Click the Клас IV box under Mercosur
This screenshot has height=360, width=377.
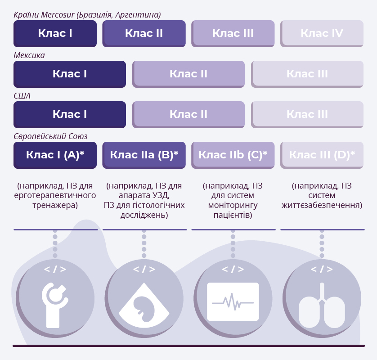pos(322,34)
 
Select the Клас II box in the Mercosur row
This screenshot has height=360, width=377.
pos(144,34)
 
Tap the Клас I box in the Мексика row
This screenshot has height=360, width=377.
pos(70,74)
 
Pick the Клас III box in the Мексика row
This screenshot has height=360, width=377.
pos(307,74)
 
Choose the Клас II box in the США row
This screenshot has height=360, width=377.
pos(188,114)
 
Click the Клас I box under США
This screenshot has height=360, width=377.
pos(70,114)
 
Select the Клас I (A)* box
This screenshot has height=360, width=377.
pos(55,155)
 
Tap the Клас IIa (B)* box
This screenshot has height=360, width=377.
pos(144,155)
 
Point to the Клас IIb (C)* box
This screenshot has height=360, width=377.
pos(233,155)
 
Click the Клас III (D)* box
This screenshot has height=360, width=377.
pos(322,155)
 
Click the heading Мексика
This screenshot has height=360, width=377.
pos(29,55)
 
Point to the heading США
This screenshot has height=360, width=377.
pos(22,96)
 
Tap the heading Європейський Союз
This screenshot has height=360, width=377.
pos(50,136)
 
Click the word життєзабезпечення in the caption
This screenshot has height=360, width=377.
pos(322,205)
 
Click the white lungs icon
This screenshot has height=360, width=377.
pos(322,306)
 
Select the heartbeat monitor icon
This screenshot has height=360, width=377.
pos(233,302)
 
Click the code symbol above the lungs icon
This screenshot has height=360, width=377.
pos(322,269)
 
